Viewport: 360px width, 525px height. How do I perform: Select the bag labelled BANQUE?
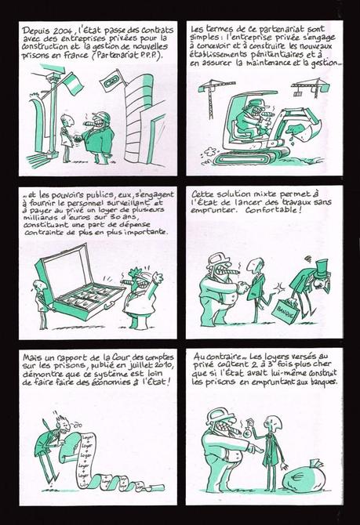285,309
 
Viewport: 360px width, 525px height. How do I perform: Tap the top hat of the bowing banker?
322,264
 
